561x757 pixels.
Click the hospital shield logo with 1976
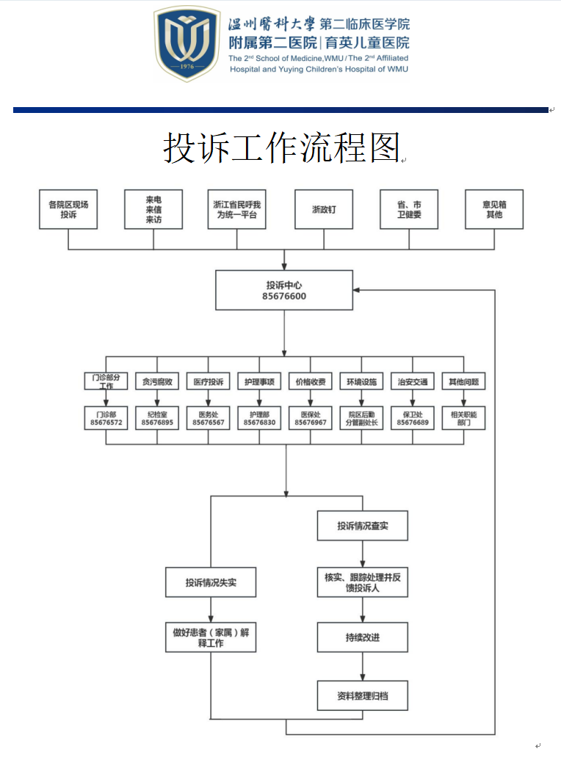187,44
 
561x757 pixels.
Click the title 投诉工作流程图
281,149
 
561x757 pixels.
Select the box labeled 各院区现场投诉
68,209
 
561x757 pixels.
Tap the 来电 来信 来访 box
153,209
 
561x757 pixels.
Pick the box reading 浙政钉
324,209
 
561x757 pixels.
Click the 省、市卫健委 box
409,209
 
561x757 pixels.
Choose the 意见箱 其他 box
494,209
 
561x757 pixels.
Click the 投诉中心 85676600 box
284,290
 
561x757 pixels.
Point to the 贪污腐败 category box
157,381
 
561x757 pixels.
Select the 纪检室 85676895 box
157,418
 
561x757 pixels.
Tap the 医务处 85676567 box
208,418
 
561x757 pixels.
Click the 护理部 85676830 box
259,418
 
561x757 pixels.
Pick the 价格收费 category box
310,381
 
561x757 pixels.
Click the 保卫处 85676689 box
412,418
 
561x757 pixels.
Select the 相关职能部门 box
463,418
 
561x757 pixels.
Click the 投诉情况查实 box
362,526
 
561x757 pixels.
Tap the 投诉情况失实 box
211,583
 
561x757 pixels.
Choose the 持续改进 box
362,637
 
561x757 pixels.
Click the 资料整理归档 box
362,695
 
